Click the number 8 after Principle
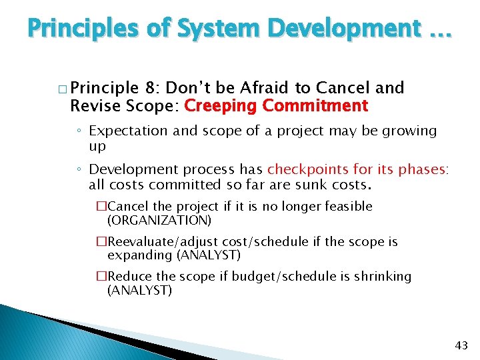tap(150, 88)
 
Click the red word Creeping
tap(220, 106)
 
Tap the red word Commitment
tap(315, 106)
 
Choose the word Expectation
tap(129, 131)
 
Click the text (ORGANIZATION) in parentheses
tap(159, 221)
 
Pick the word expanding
tap(141, 255)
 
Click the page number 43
tap(461, 345)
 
